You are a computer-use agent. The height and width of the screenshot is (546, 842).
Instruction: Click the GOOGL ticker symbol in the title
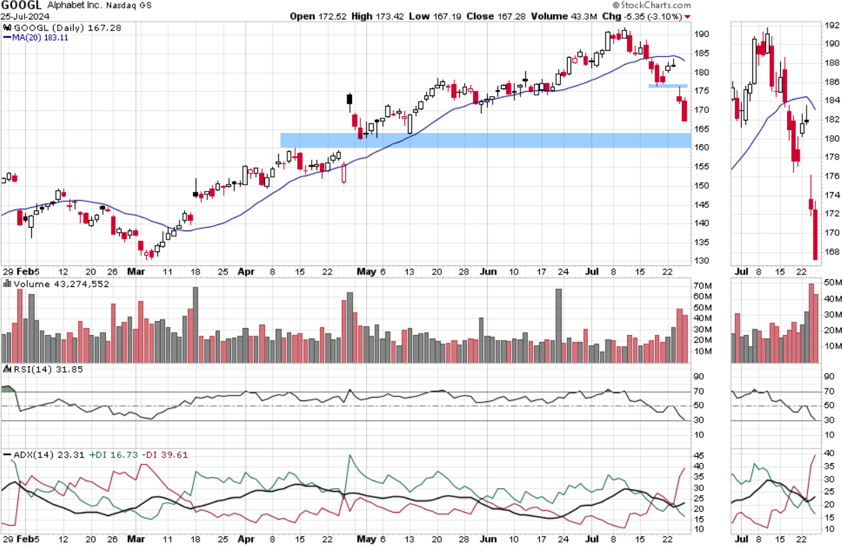tap(22, 6)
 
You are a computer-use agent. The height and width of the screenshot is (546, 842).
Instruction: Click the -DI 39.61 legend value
tap(164, 455)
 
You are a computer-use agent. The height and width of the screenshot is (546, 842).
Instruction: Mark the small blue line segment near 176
tap(668, 86)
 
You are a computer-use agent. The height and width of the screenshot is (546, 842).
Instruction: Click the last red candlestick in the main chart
tap(685, 111)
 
